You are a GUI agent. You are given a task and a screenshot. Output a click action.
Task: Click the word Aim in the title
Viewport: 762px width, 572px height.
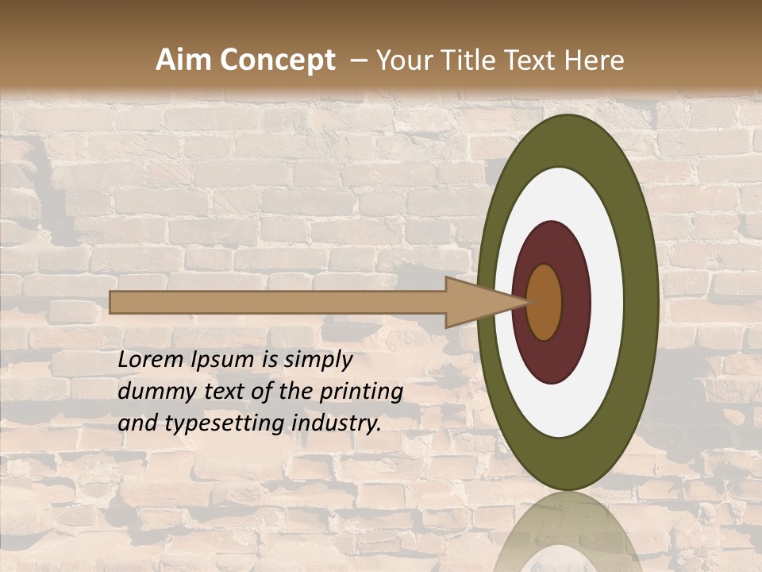click(x=185, y=60)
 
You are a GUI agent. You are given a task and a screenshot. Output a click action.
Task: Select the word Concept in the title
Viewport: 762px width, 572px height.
click(x=277, y=60)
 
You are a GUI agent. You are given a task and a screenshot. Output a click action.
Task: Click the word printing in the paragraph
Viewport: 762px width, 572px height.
click(x=362, y=391)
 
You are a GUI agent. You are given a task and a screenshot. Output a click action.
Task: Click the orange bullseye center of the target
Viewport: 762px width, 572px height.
click(x=545, y=302)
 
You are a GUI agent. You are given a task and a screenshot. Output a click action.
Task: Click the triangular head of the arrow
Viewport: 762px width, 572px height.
click(x=476, y=302)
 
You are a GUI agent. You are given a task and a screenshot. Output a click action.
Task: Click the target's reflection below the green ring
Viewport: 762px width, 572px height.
click(x=568, y=540)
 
